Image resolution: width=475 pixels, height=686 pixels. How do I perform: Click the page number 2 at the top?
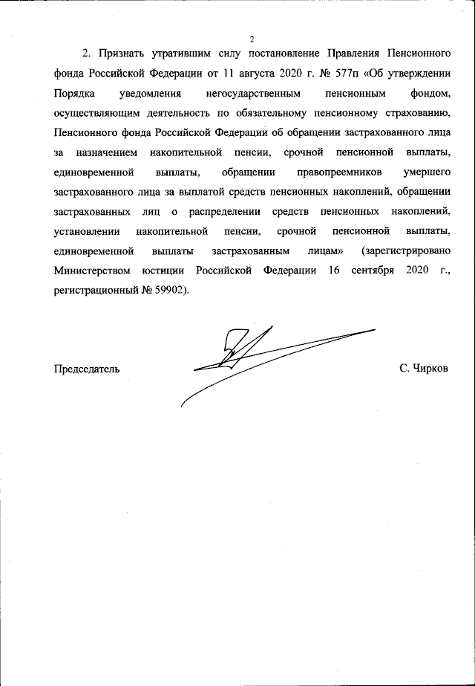[x=252, y=39]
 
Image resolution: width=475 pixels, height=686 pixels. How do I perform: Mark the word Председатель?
[x=86, y=369]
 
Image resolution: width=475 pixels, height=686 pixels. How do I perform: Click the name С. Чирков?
[x=423, y=369]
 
